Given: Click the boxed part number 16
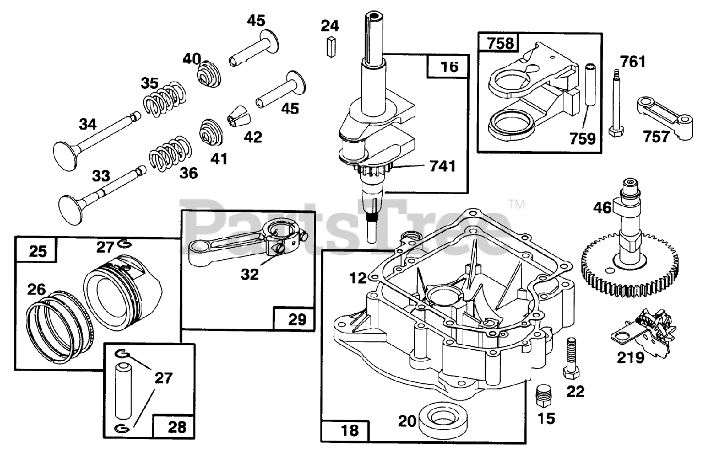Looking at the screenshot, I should (449, 67).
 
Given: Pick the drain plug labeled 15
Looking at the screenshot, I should (544, 396).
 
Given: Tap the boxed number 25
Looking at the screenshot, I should (37, 251).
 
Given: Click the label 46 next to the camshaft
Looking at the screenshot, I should (602, 208).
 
